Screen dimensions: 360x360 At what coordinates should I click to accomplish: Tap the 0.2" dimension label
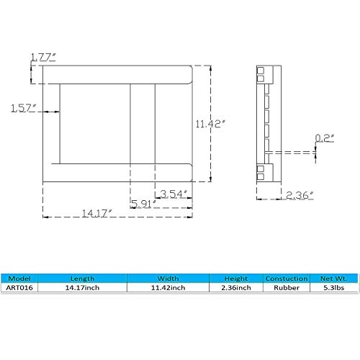[x=325, y=138]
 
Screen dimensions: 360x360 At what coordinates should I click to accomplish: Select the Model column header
[x=20, y=277]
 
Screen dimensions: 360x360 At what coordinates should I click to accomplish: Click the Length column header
[x=81, y=277]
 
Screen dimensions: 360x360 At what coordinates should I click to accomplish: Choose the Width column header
[x=168, y=277]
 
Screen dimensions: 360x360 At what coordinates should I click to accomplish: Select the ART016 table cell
[x=20, y=287]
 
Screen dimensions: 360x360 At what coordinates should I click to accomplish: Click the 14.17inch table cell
[x=81, y=287]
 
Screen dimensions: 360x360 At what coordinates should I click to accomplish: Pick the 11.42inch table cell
[x=168, y=287]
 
